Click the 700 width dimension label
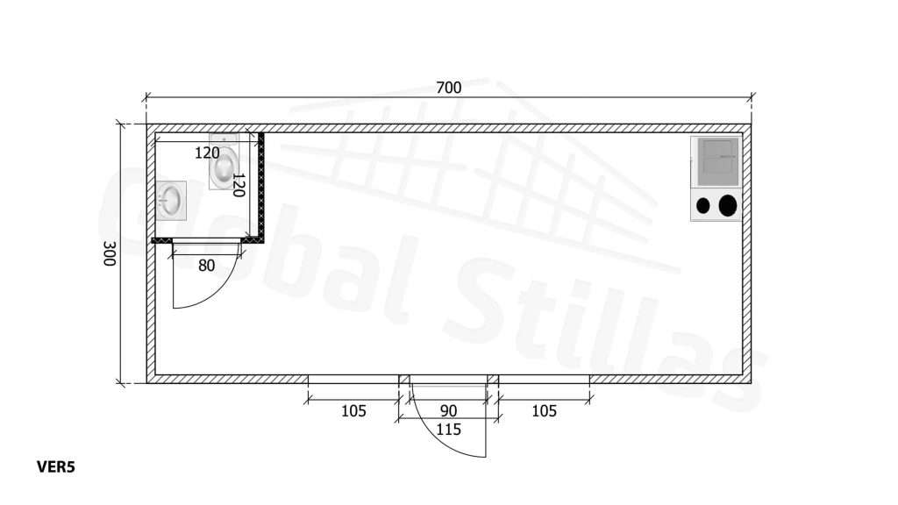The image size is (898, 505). pos(448,88)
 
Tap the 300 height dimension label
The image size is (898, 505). pos(110,253)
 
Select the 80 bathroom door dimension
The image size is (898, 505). pos(206,266)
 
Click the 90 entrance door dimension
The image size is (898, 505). pos(448,411)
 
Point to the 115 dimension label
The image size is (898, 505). pos(448,430)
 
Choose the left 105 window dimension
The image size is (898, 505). pos(353,411)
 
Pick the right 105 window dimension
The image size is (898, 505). pos(544,411)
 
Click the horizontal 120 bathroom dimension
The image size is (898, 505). pos(207,153)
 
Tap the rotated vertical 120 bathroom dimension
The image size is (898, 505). pos(239,184)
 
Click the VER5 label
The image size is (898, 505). pos(56,467)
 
